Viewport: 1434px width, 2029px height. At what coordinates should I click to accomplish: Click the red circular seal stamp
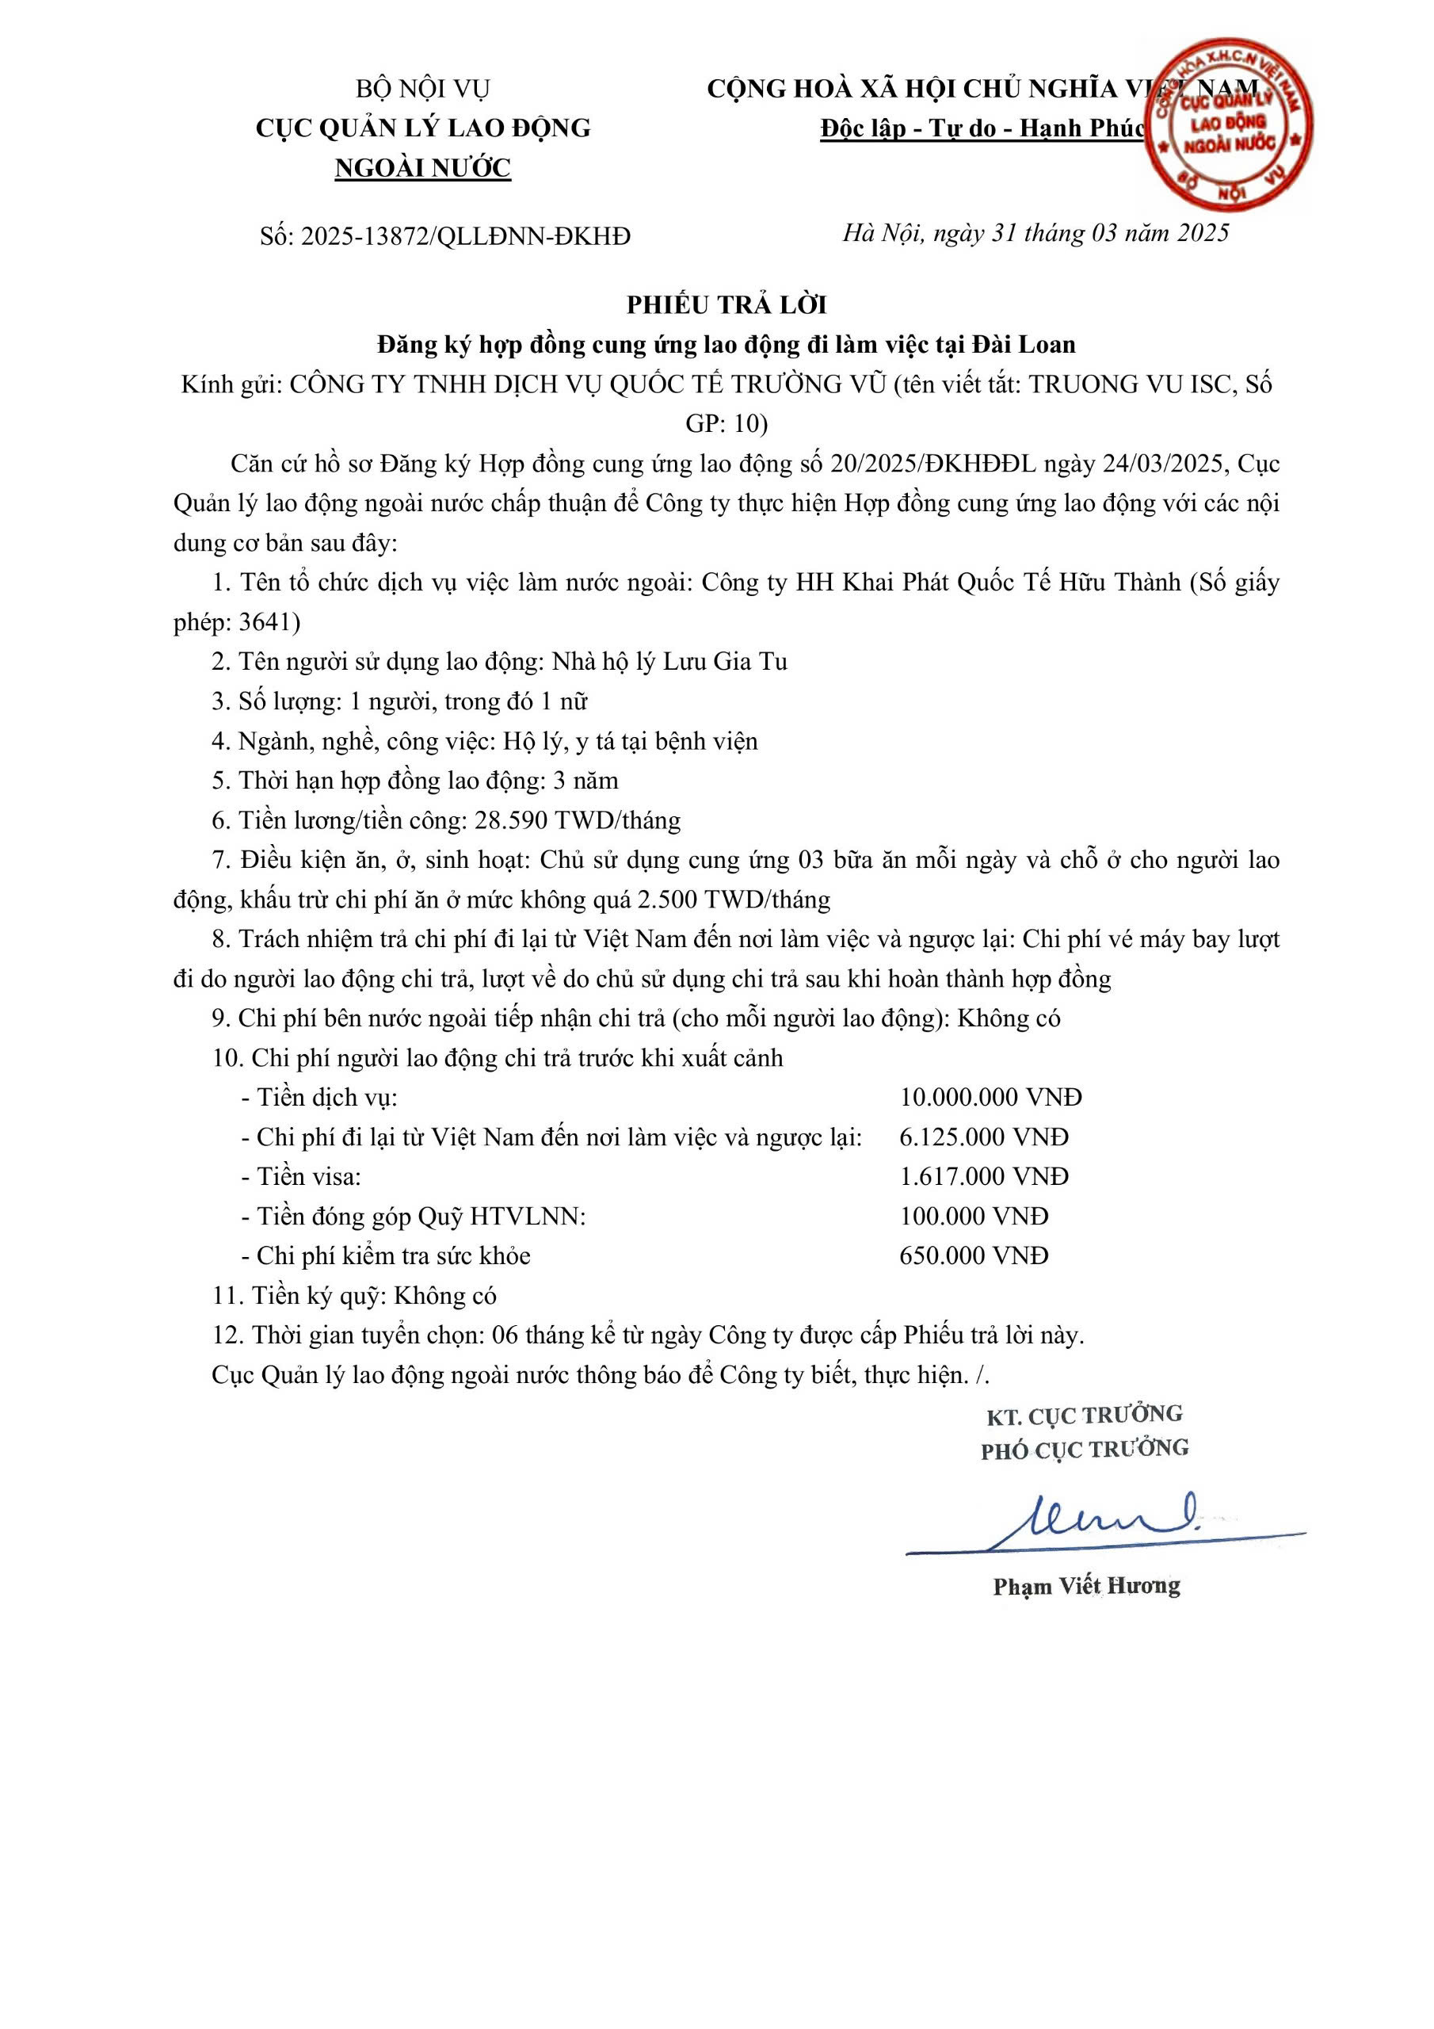click(1229, 122)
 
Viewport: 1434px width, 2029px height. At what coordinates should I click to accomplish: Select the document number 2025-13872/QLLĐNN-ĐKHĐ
click(466, 236)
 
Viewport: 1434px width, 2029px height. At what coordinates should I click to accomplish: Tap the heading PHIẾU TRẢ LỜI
click(727, 305)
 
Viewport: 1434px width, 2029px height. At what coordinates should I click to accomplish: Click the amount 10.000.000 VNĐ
click(990, 1098)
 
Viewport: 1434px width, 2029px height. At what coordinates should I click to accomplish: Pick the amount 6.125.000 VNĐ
click(983, 1137)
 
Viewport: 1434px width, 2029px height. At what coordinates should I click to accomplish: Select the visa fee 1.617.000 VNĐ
click(983, 1177)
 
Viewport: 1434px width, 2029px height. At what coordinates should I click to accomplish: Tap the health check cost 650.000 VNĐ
click(974, 1255)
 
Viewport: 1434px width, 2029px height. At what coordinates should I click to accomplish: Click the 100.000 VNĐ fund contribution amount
click(974, 1217)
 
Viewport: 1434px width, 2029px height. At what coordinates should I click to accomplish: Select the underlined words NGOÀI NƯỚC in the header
click(422, 168)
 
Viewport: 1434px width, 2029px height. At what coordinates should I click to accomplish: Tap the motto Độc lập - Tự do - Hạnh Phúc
click(982, 129)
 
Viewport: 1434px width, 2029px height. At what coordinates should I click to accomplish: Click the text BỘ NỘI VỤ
click(422, 90)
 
